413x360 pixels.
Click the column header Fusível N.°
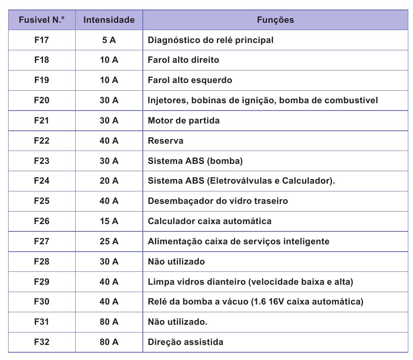pyautogui.click(x=42, y=20)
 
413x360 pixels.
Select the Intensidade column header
pyautogui.click(x=109, y=20)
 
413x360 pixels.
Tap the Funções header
pyautogui.click(x=275, y=20)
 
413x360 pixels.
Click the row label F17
pyautogui.click(x=42, y=40)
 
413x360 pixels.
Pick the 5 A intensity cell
pyautogui.click(x=109, y=40)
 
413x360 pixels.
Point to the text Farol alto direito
pyautogui.click(x=183, y=60)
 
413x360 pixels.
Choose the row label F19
pyautogui.click(x=42, y=80)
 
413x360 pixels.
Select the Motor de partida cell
pyautogui.click(x=184, y=120)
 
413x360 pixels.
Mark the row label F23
pyautogui.click(x=42, y=161)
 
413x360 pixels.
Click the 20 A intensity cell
pyautogui.click(x=109, y=181)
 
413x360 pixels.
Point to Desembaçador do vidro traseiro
pyautogui.click(x=218, y=201)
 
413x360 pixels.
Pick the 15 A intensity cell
pyautogui.click(x=109, y=221)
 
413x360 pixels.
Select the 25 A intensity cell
pyautogui.click(x=109, y=241)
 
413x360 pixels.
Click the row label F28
pyautogui.click(x=42, y=262)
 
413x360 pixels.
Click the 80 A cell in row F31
pyautogui.click(x=109, y=322)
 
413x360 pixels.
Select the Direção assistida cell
pyautogui.click(x=185, y=342)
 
